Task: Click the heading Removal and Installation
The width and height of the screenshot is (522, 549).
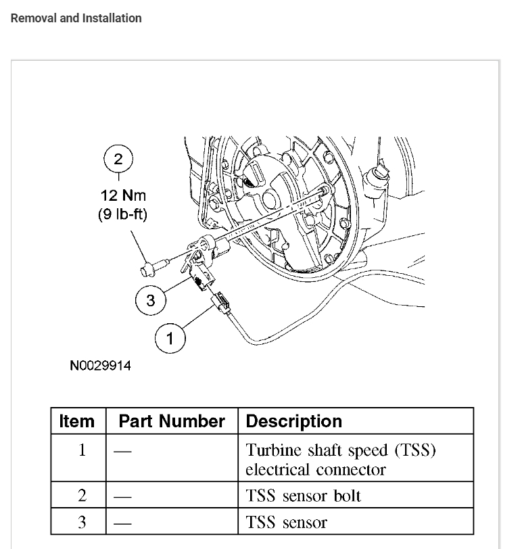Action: click(x=76, y=18)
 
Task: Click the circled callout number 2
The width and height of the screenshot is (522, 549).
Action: click(x=118, y=160)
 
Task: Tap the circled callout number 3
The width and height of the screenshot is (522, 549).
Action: click(x=150, y=300)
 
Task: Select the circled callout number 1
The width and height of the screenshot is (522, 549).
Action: click(x=170, y=337)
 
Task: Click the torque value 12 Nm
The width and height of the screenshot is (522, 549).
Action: click(x=123, y=195)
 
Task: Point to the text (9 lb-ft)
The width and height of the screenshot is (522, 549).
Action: click(x=122, y=214)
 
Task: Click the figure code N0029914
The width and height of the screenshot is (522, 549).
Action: click(x=101, y=366)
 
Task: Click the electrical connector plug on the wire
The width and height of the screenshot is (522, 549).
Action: click(x=220, y=302)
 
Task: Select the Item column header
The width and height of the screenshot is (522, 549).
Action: click(x=77, y=421)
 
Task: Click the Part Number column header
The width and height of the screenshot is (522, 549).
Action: click(x=171, y=421)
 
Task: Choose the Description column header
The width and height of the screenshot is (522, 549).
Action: click(x=293, y=421)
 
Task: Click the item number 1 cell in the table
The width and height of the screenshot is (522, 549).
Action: click(x=82, y=450)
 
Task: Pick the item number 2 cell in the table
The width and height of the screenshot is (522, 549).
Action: click(x=82, y=496)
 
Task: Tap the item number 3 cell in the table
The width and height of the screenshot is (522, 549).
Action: click(x=82, y=522)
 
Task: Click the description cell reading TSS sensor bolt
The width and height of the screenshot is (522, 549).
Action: click(x=303, y=496)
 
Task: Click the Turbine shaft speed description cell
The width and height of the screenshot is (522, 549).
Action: click(x=340, y=459)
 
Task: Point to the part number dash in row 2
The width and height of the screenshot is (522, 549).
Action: click(x=122, y=496)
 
